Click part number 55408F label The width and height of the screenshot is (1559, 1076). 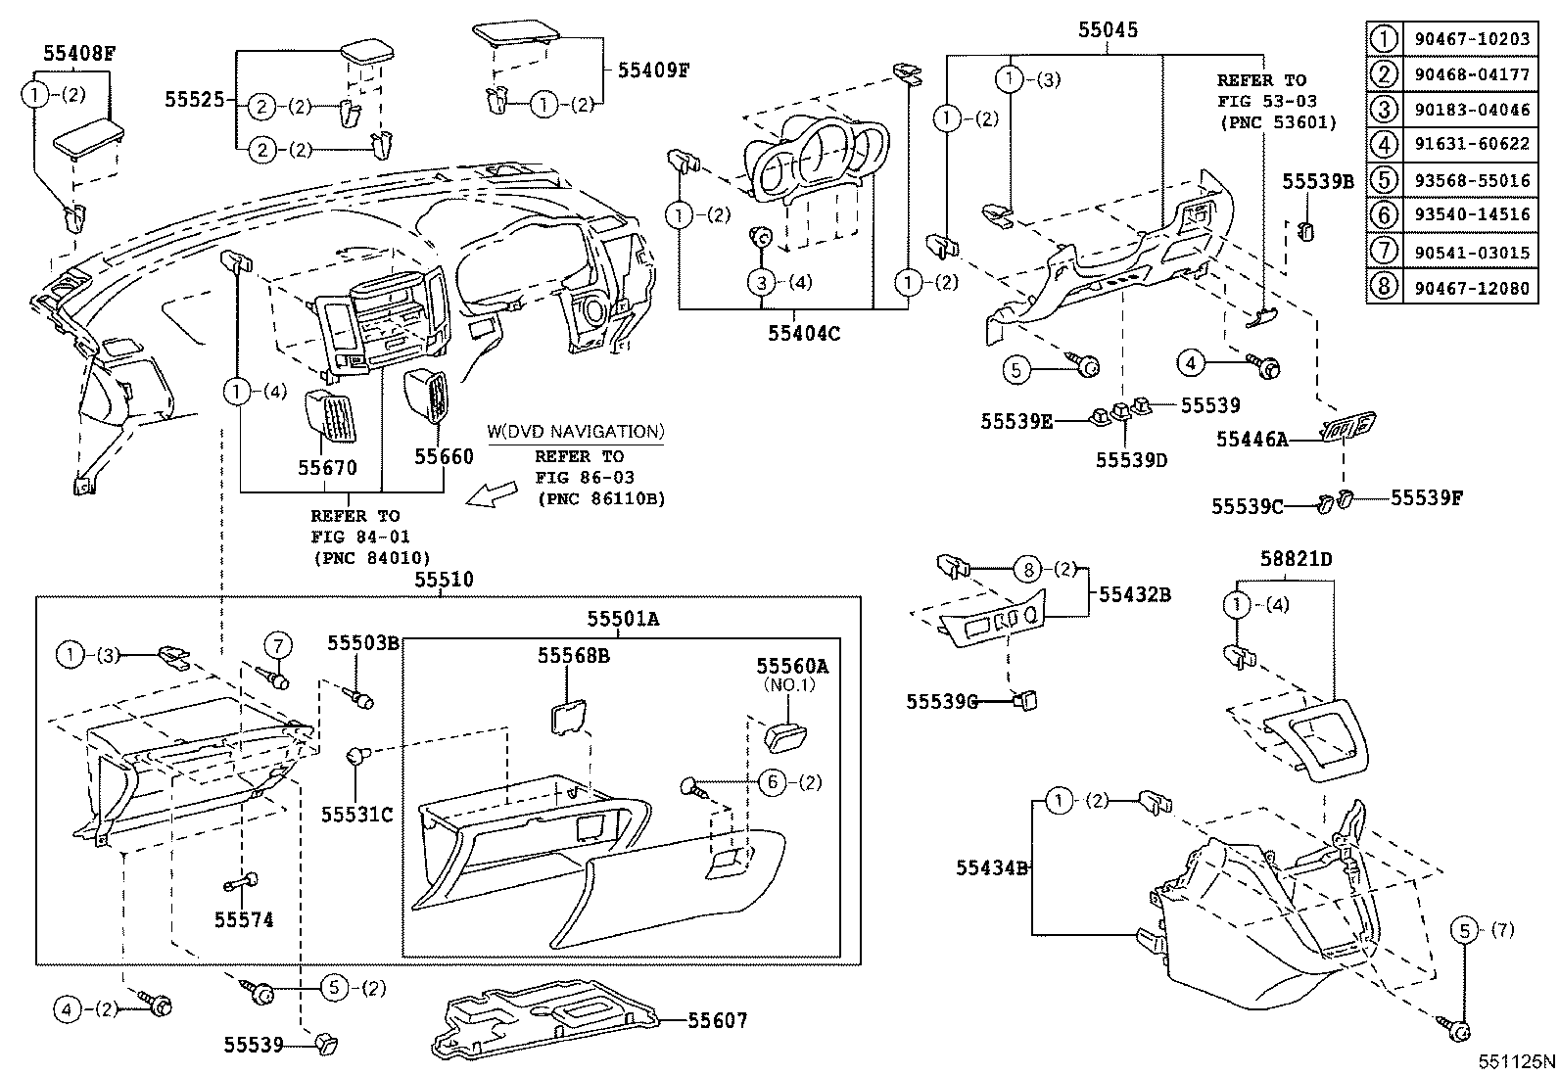click(79, 54)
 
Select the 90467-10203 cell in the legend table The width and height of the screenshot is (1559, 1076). click(1471, 39)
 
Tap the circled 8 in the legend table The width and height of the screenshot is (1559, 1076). click(1383, 287)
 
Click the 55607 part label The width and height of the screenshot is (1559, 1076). click(717, 1021)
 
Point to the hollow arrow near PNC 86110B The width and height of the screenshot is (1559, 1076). click(492, 495)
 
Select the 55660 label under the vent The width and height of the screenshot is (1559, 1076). click(444, 456)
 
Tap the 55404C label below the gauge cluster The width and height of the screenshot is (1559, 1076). click(804, 333)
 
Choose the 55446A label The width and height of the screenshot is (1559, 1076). click(1252, 441)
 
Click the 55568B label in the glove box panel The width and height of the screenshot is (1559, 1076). click(573, 655)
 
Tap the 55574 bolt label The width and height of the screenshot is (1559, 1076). click(244, 919)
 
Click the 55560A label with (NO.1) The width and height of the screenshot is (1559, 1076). click(791, 667)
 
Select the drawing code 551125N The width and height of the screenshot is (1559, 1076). click(1516, 1061)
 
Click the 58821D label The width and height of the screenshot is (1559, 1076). click(1297, 559)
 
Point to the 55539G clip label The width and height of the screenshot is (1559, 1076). click(942, 701)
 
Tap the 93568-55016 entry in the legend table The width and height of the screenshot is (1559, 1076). click(1471, 179)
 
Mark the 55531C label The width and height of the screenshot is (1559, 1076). click(356, 814)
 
